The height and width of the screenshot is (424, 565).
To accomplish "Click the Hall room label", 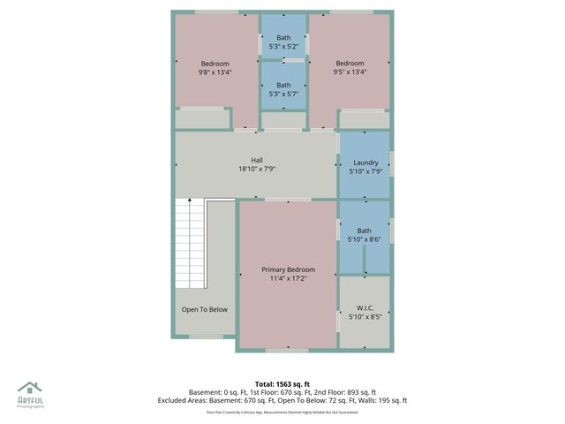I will (257, 160).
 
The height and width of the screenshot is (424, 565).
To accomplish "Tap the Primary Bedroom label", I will (288, 269).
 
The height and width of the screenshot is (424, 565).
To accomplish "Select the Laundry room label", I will (365, 163).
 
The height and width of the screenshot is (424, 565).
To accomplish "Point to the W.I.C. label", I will (365, 307).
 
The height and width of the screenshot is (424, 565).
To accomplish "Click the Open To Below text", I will (205, 309).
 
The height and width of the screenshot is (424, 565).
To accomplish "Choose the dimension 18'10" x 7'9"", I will (257, 169).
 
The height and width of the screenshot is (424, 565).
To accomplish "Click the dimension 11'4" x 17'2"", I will (288, 278).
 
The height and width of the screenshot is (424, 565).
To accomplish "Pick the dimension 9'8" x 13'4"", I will (215, 72).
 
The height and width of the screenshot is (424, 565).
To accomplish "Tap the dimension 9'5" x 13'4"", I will (350, 72).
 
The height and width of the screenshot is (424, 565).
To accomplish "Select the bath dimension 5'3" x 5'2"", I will (283, 46).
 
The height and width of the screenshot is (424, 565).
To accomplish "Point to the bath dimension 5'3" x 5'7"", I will (283, 94).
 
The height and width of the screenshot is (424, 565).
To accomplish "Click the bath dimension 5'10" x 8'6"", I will (365, 239).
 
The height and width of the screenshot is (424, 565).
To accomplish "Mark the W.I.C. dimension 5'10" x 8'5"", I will (365, 316).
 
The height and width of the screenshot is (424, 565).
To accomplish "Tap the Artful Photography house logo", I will (29, 388).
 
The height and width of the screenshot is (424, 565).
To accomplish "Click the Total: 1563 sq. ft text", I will (282, 383).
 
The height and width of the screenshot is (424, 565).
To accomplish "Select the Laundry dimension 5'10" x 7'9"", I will (365, 171).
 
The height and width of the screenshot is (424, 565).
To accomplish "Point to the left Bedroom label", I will (215, 64).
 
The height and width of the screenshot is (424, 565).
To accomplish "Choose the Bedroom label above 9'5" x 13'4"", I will (350, 64).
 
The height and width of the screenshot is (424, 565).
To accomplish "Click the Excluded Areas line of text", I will (282, 400).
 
